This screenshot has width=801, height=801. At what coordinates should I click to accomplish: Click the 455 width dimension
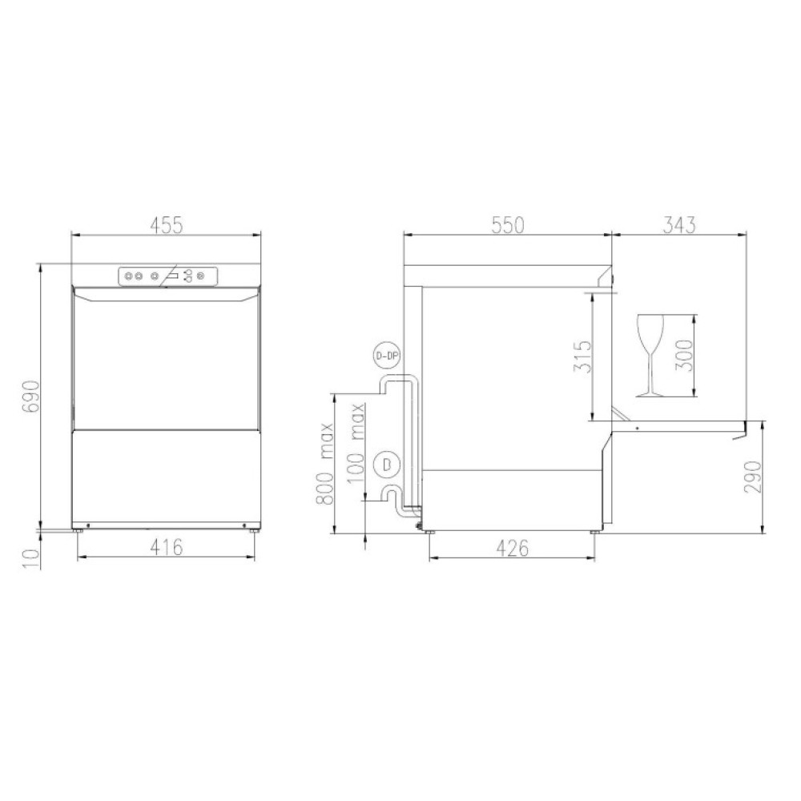pos(166,225)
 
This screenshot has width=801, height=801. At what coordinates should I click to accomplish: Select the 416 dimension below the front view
pos(166,547)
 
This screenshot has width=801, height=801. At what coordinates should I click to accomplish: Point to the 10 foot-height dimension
pos(30,558)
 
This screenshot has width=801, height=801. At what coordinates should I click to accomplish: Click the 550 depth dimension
pos(508,225)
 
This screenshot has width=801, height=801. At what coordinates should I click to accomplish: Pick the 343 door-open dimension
pos(679,225)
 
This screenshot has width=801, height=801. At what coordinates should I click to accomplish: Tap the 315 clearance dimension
pos(582,356)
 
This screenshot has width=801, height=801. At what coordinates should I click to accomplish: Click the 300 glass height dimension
pos(684,356)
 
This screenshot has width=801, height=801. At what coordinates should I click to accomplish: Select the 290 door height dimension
pos(752,477)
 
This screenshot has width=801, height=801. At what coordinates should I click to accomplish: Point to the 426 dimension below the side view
pos(513,548)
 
